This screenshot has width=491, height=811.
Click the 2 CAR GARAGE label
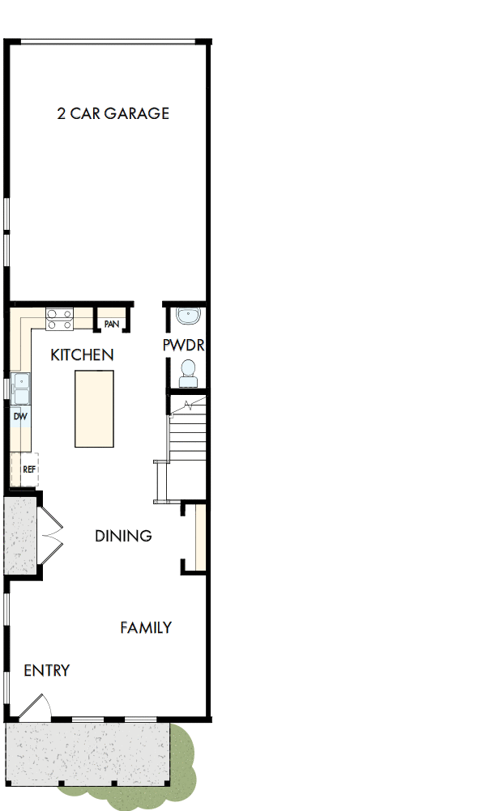coord(113,113)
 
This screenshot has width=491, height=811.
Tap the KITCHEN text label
coord(82,355)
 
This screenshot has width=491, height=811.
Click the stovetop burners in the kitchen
coord(60,319)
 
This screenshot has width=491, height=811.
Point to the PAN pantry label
coord(112,324)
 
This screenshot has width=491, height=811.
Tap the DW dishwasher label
coord(20,416)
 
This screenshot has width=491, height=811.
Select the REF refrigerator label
coord(28,469)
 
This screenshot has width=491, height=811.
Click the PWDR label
coord(183,346)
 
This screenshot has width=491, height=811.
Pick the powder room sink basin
coord(187,315)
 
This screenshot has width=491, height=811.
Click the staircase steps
coord(188,445)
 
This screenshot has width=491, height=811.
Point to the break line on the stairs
coord(190,403)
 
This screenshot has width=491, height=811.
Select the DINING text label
coord(123,536)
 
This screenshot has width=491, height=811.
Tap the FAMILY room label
coord(146,627)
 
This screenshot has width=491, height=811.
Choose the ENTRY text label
coord(46,670)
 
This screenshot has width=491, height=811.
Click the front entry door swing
coord(36,709)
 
